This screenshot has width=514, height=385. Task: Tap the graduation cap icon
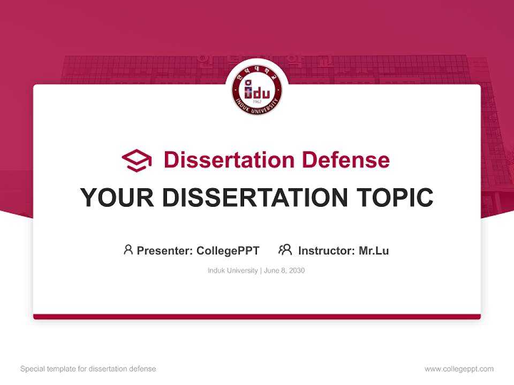(x=137, y=160)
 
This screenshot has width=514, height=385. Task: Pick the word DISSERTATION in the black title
(x=255, y=198)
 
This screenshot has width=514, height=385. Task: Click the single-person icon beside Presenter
(x=128, y=250)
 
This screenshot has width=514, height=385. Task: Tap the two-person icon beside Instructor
(x=285, y=250)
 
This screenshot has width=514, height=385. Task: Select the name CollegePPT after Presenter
(x=228, y=250)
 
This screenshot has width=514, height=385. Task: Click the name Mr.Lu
(x=374, y=250)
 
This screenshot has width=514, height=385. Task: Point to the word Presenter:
(x=165, y=250)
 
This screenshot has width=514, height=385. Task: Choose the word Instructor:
(x=327, y=250)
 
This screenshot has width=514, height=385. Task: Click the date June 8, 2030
(x=284, y=271)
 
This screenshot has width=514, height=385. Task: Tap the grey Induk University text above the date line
(x=232, y=271)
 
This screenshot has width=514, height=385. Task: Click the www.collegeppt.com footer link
(x=459, y=369)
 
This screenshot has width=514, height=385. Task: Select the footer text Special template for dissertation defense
(x=88, y=369)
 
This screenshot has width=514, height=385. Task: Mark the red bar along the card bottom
(x=257, y=317)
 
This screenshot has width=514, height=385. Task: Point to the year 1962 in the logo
(x=257, y=101)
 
